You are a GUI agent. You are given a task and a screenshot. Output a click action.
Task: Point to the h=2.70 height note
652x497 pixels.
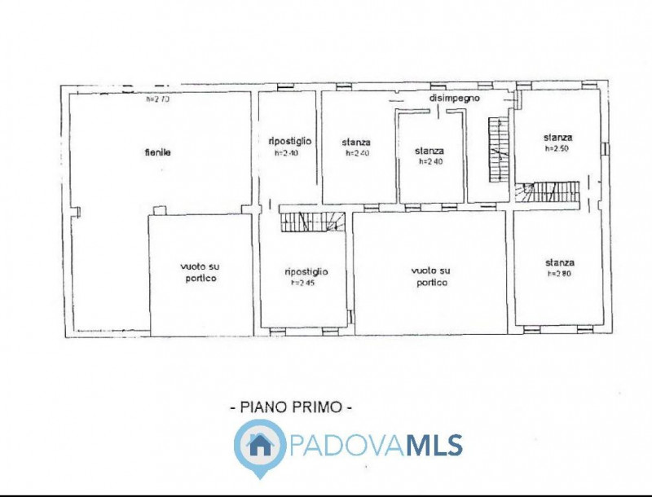[157, 100]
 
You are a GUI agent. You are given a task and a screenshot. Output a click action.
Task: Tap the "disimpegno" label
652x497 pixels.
[455, 98]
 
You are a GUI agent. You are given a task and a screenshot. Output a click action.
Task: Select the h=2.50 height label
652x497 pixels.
[557, 149]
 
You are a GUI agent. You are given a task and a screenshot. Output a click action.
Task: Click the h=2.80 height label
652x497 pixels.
[559, 275]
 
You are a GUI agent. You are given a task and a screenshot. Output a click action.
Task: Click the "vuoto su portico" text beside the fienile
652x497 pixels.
[200, 273]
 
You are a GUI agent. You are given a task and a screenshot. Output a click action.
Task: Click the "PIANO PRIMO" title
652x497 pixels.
[292, 405]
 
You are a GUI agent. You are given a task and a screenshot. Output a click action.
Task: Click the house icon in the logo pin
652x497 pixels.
[260, 444]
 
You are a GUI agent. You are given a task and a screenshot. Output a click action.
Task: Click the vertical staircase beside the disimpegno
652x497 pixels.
[497, 150]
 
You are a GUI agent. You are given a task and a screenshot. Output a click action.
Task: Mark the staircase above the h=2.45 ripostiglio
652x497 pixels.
[312, 219]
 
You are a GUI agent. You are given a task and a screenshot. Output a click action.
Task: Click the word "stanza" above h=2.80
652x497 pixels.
[560, 262]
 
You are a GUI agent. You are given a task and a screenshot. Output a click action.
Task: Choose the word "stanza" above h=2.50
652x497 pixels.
[558, 138]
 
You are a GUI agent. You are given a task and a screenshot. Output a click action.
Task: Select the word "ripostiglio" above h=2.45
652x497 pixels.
[306, 271]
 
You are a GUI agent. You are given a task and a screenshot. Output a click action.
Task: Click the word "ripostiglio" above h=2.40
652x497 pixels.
[289, 141]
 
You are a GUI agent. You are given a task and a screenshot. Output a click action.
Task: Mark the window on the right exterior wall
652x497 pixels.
[606, 148]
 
